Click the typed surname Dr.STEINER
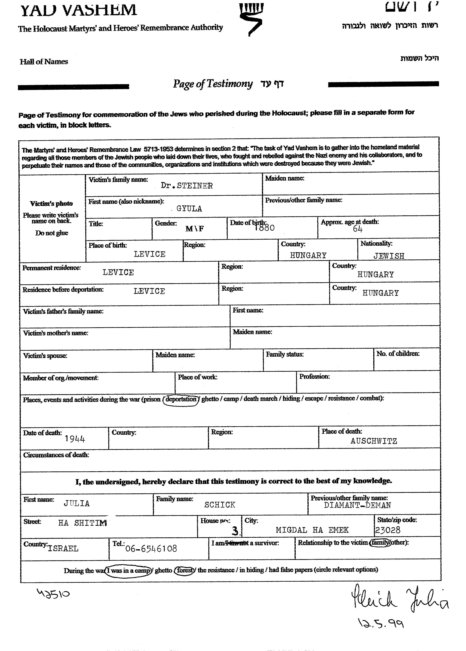[x=187, y=186]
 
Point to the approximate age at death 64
[x=358, y=229]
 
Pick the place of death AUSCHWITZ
[x=374, y=441]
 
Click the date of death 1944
[x=75, y=439]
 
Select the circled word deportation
[x=181, y=399]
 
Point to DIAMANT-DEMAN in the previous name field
[x=357, y=505]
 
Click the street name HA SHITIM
[x=83, y=523]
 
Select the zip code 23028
[x=388, y=530]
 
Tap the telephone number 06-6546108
[x=151, y=548]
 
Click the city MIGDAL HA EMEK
[x=312, y=530]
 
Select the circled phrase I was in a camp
[x=129, y=570]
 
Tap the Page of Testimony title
[x=213, y=84]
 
